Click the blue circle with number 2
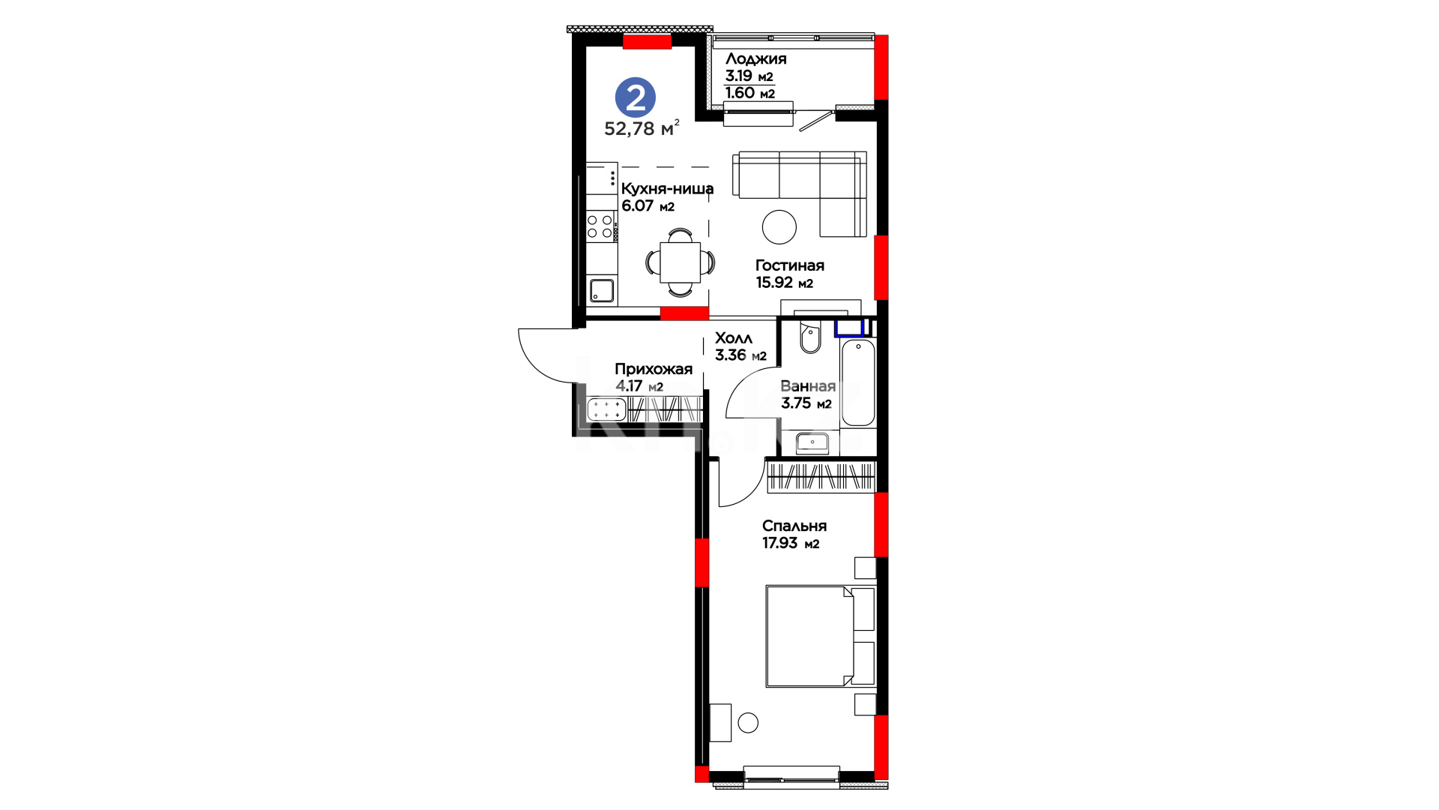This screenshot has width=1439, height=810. [635, 97]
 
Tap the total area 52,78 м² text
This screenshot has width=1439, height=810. [642, 127]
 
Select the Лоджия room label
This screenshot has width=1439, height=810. [755, 59]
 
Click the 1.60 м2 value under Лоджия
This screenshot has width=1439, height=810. [749, 93]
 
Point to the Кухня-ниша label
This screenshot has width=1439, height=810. [667, 189]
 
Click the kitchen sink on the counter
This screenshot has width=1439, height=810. [602, 290]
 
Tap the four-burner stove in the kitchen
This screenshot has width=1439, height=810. [600, 226]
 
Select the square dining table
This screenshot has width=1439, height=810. [680, 262]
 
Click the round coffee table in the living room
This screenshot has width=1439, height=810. [779, 226]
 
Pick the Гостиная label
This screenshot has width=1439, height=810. [789, 265]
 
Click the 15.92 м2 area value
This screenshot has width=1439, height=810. [784, 283]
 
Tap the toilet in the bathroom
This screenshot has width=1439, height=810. [810, 338]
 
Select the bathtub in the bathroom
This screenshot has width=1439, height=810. [858, 382]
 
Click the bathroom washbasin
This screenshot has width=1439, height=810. [812, 443]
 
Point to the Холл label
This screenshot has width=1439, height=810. [733, 338]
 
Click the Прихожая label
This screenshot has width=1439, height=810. [654, 369]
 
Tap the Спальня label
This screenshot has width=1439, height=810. [794, 526]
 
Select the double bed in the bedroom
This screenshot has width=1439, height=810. [820, 636]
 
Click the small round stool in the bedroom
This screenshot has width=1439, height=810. [748, 723]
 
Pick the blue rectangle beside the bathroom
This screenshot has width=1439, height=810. [850, 328]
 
